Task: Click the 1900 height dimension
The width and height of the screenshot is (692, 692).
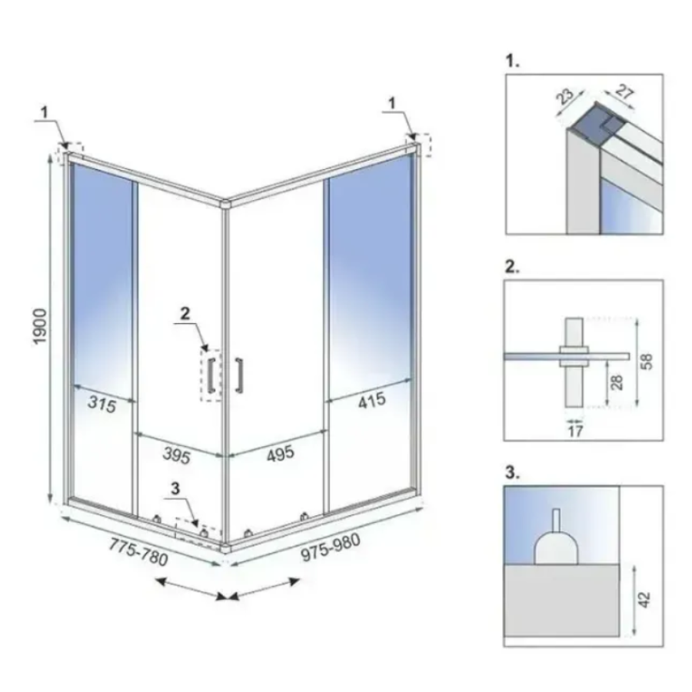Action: click(x=40, y=327)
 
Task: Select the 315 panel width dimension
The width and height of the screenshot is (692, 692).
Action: click(x=102, y=404)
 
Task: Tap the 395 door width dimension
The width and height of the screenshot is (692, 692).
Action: click(x=177, y=454)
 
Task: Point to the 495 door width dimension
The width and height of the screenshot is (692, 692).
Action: click(x=280, y=454)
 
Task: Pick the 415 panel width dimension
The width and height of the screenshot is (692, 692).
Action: click(x=372, y=401)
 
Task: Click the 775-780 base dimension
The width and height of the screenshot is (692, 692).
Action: click(x=138, y=551)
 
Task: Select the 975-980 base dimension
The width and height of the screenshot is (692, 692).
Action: click(x=331, y=547)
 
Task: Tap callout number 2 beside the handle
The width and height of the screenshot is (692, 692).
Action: click(x=185, y=314)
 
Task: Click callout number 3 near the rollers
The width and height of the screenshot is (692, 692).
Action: click(x=175, y=488)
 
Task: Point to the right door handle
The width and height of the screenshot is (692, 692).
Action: click(x=239, y=375)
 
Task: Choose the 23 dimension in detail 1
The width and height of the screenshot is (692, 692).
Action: click(x=565, y=97)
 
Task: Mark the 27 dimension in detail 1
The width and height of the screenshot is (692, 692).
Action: click(x=624, y=91)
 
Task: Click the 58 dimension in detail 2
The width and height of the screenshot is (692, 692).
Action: click(x=646, y=361)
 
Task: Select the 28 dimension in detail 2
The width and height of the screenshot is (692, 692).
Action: click(x=617, y=381)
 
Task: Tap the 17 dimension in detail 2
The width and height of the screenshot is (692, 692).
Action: click(x=575, y=431)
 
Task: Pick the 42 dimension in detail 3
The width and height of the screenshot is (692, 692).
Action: click(x=644, y=600)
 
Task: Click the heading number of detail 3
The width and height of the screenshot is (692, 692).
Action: click(x=512, y=472)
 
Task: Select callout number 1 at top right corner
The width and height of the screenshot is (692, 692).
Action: click(x=391, y=104)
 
